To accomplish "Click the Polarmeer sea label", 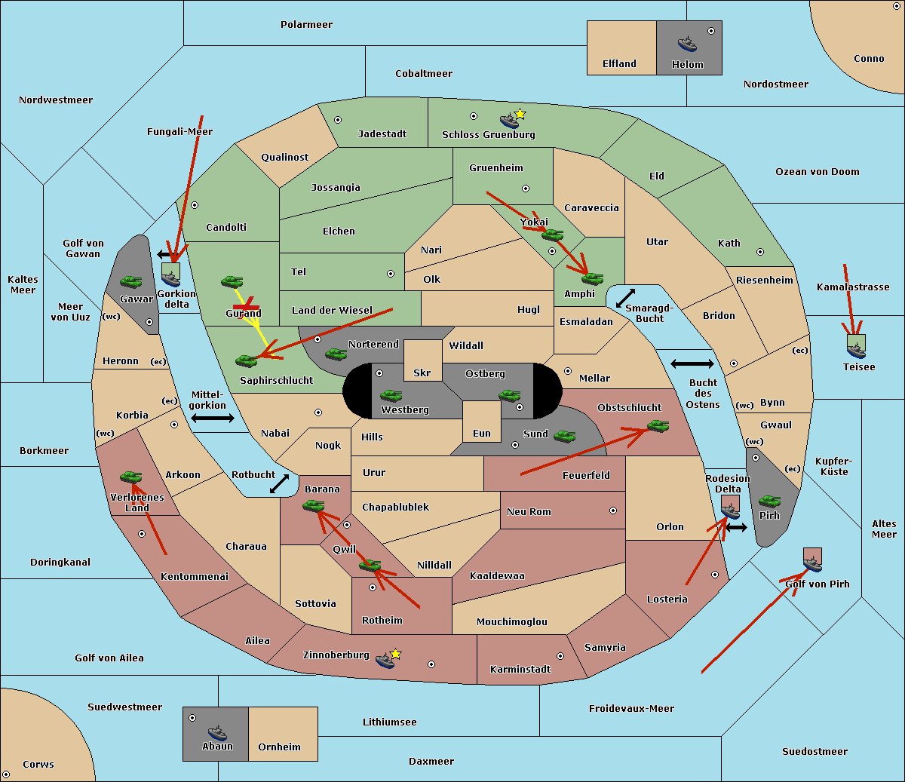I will (x=306, y=25).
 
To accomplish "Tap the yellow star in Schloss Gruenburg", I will (x=520, y=114).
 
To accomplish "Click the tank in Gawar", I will (x=131, y=282).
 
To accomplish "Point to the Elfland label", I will (x=619, y=64).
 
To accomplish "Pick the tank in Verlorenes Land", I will (x=131, y=477).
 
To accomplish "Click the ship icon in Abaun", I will (x=217, y=733).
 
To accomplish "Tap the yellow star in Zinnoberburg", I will (x=395, y=654).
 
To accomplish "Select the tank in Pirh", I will (x=770, y=501).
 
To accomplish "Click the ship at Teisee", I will (x=856, y=348).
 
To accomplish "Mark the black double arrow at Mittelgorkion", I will (x=213, y=419).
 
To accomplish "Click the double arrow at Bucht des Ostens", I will (x=692, y=364).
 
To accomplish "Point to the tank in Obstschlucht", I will (x=658, y=427).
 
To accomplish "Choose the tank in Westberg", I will (x=391, y=395).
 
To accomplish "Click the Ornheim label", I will (x=279, y=747).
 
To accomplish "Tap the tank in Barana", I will (x=314, y=506).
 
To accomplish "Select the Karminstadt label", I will (x=520, y=670).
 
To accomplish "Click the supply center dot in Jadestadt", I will (x=338, y=119).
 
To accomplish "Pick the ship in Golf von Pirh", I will (x=812, y=563).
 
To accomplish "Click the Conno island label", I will (x=869, y=59).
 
